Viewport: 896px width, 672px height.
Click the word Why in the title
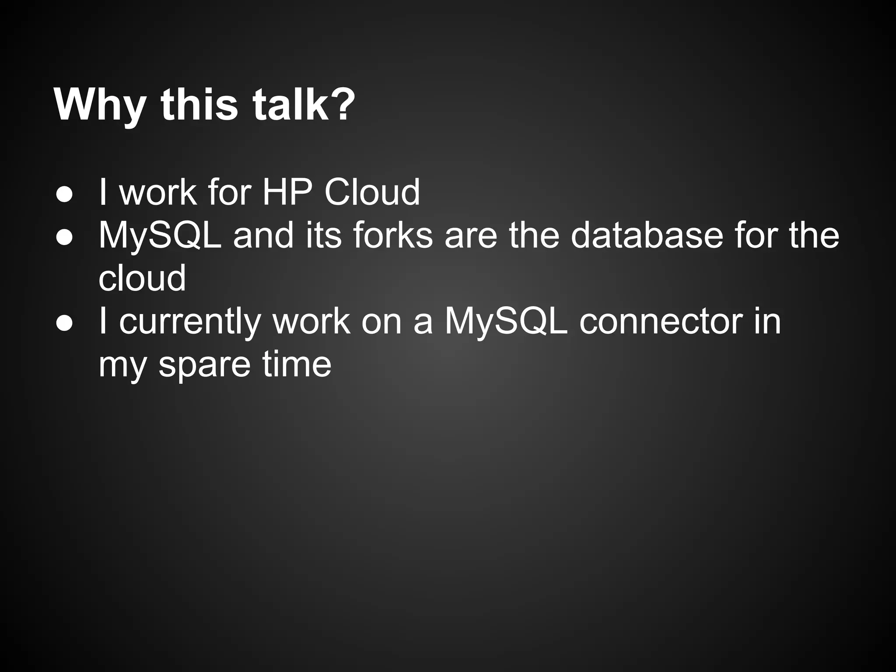click(100, 106)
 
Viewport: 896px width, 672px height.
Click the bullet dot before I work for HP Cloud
click(64, 193)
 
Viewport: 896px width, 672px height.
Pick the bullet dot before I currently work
click(64, 322)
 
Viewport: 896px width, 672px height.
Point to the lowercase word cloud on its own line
click(142, 278)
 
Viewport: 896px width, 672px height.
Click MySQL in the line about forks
click(160, 236)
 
